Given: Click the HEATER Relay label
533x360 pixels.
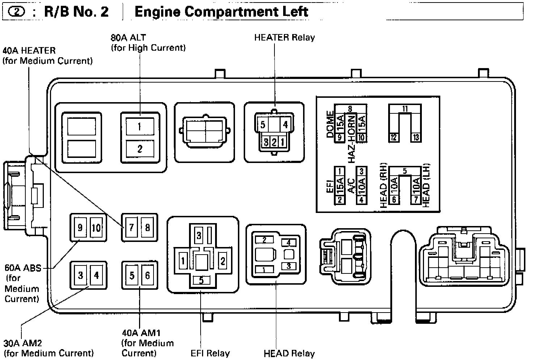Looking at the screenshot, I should pyautogui.click(x=284, y=37).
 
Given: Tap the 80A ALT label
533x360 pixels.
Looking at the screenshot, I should pyautogui.click(x=129, y=37).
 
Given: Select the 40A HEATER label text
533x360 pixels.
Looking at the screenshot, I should pyautogui.click(x=29, y=50).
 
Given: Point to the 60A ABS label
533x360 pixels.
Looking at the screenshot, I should pyautogui.click(x=23, y=268).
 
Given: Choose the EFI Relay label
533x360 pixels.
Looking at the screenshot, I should pyautogui.click(x=210, y=353).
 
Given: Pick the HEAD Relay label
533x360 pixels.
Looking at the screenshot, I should pyautogui.click(x=289, y=353).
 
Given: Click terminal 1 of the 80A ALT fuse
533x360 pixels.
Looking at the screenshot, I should pyautogui.click(x=139, y=127).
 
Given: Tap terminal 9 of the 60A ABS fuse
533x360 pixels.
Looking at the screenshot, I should pyautogui.click(x=80, y=227).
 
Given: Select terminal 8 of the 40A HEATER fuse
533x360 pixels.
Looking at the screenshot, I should pyautogui.click(x=147, y=227).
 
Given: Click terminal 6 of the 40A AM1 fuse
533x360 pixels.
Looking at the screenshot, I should pyautogui.click(x=147, y=275).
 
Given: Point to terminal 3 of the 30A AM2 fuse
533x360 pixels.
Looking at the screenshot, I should pyautogui.click(x=80, y=275).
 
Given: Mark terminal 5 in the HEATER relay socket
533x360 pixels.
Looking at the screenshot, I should pyautogui.click(x=263, y=125).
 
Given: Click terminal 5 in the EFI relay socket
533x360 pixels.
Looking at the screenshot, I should pyautogui.click(x=201, y=280).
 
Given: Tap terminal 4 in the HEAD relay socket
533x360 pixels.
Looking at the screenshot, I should pyautogui.click(x=289, y=243).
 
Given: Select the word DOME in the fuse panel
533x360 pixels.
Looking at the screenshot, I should pyautogui.click(x=330, y=124).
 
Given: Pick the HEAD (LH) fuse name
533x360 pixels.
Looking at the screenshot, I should pyautogui.click(x=426, y=185).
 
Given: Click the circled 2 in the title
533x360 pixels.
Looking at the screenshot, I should pyautogui.click(x=18, y=12).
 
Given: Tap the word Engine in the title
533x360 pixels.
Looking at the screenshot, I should pyautogui.click(x=158, y=12).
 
